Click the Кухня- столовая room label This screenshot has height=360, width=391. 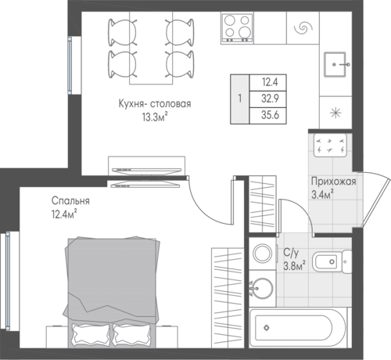[155, 104]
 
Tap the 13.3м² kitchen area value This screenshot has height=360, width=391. [155, 117]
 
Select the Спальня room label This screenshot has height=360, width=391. [70, 201]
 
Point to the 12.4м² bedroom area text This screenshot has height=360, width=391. [64, 214]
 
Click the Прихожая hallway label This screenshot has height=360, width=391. [334, 182]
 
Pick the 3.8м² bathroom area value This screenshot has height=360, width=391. [294, 266]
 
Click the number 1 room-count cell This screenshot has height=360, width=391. [240, 99]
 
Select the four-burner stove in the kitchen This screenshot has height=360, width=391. [238, 28]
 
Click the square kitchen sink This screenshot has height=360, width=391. [335, 64]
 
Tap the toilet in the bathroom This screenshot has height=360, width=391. [332, 261]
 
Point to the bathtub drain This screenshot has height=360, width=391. [267, 328]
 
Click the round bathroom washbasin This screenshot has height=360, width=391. [262, 289]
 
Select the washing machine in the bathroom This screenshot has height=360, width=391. [263, 254]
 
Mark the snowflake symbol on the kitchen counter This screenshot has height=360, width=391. [335, 113]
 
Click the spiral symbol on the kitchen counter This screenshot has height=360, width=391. [303, 27]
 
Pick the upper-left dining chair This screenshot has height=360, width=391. [123, 32]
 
